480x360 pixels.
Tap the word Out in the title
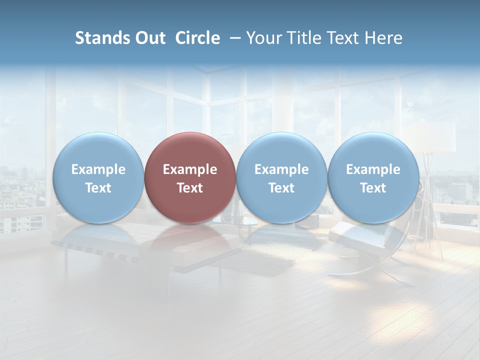click(x=149, y=38)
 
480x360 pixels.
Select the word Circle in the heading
click(x=197, y=38)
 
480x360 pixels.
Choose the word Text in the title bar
click(x=348, y=38)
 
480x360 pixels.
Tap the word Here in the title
click(x=385, y=38)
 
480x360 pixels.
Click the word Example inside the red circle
click(x=190, y=169)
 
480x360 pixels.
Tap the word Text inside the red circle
click(x=190, y=188)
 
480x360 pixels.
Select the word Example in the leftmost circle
click(x=98, y=169)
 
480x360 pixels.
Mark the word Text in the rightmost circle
click(x=373, y=188)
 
